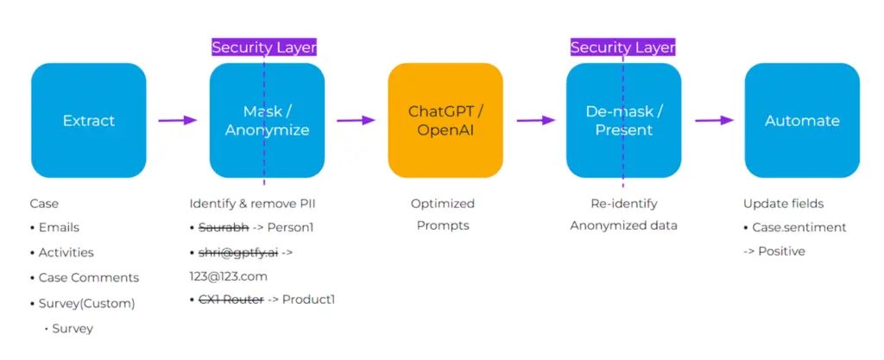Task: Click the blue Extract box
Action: [89, 121]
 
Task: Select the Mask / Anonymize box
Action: [267, 121]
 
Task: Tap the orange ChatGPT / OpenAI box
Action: [445, 121]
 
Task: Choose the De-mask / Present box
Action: [623, 121]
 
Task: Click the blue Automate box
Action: [802, 121]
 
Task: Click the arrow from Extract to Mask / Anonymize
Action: [178, 121]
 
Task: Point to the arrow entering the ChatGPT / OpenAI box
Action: [357, 121]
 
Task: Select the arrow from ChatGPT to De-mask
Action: [534, 121]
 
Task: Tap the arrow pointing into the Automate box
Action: [714, 121]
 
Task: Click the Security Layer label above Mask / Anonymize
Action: [264, 47]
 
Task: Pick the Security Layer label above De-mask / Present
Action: [623, 47]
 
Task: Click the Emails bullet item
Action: [59, 228]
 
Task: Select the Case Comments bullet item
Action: [88, 278]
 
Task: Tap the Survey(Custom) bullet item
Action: [86, 303]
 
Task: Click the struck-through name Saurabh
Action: [223, 228]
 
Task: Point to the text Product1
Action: [308, 300]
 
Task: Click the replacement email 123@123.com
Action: [229, 276]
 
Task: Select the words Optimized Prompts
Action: [442, 215]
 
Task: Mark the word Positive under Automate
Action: [781, 251]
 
